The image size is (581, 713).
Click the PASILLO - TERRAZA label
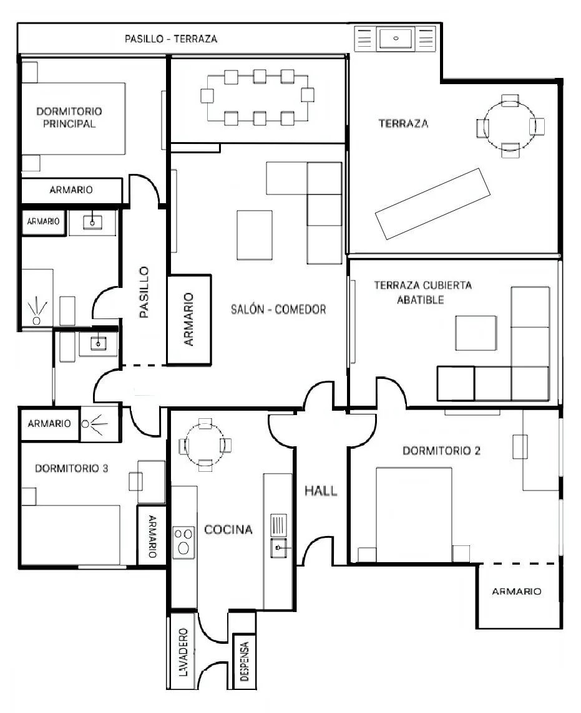click(x=171, y=39)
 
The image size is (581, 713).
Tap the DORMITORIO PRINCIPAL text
click(x=69, y=117)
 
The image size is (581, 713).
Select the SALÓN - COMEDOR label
click(x=278, y=310)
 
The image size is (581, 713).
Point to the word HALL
click(x=321, y=490)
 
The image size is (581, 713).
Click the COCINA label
click(x=228, y=529)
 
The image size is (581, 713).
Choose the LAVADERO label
click(x=183, y=652)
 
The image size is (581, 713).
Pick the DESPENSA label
click(x=245, y=661)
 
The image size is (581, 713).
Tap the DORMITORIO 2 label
click(x=441, y=451)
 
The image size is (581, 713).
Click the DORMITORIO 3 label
click(x=72, y=468)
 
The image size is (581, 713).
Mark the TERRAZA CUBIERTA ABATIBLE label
click(x=422, y=292)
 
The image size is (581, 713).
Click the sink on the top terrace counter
click(x=396, y=38)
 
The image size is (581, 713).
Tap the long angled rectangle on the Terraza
click(x=432, y=203)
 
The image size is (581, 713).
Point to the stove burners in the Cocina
click(x=183, y=540)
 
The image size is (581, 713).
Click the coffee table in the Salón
click(x=255, y=235)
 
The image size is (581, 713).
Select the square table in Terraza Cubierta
click(x=476, y=333)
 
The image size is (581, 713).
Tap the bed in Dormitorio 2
click(x=414, y=515)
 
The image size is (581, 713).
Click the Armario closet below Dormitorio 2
click(x=519, y=596)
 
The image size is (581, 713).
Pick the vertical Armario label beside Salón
click(x=188, y=319)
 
